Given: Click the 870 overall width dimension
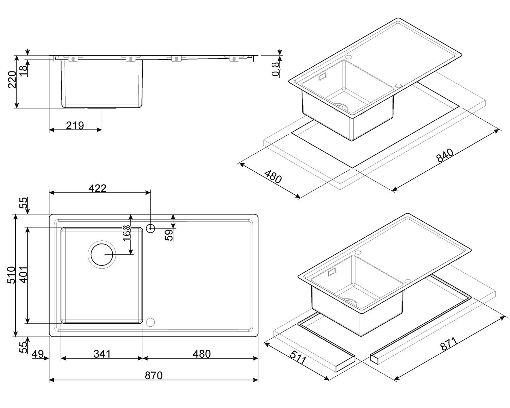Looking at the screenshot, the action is click(x=154, y=376).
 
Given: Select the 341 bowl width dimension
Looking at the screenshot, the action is click(x=102, y=354).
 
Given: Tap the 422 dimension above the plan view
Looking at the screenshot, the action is click(x=97, y=188).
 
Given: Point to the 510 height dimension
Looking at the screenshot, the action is click(x=11, y=275).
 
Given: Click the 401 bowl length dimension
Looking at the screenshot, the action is click(x=24, y=275).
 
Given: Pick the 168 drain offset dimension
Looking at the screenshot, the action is click(x=127, y=233).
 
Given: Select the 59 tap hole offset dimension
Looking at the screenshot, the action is click(x=169, y=235).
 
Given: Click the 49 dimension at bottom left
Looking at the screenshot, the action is click(x=38, y=354).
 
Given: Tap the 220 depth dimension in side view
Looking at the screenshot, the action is click(x=12, y=80).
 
